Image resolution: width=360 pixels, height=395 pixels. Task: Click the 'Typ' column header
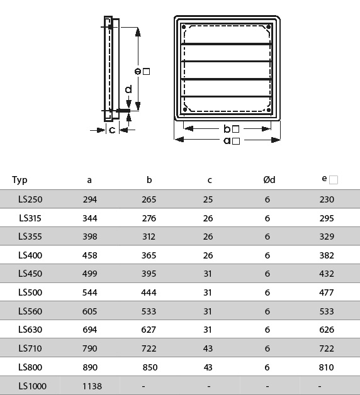[x=20, y=180]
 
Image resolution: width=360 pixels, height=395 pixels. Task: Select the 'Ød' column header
[x=269, y=180]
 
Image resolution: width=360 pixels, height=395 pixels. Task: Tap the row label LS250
[x=30, y=199]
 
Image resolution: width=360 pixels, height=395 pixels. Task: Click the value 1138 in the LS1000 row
[x=92, y=386]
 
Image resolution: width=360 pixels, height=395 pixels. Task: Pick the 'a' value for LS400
[x=90, y=255]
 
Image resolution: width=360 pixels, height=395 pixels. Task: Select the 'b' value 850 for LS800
[x=150, y=367]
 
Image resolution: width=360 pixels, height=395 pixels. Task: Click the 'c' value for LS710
[x=208, y=348]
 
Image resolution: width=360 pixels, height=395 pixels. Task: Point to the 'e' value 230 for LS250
[x=327, y=199]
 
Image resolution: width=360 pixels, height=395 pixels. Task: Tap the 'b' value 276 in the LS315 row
[x=149, y=218]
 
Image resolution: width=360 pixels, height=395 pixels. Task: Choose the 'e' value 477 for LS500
[x=327, y=292]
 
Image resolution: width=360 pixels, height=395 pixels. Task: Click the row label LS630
[x=30, y=330]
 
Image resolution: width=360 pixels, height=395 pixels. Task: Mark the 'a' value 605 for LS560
[x=90, y=311]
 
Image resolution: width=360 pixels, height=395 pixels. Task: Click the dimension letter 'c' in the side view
[x=112, y=130]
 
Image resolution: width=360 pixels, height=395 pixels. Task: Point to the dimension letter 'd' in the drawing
[x=128, y=89]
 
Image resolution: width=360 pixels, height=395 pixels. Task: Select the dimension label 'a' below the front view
[x=227, y=140]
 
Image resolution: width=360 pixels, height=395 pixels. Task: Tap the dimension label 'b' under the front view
[x=227, y=129]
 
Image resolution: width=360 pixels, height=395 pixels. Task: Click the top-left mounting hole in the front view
[x=184, y=27]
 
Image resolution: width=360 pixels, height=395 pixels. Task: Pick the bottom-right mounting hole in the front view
[x=269, y=110]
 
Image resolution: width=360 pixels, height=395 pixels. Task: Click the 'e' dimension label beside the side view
[x=138, y=72]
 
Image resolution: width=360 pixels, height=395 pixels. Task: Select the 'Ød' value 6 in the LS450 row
[x=267, y=274]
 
